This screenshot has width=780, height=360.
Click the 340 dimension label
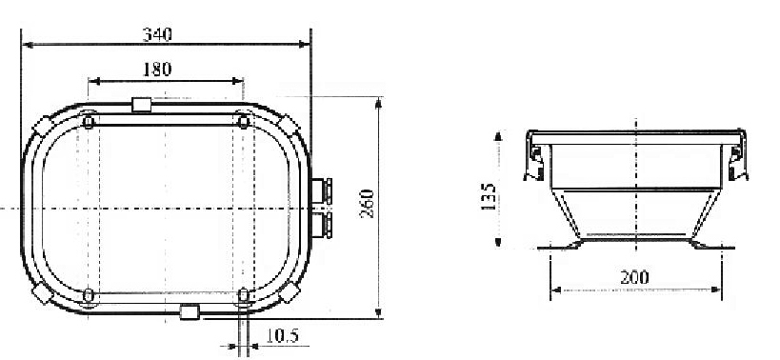(157, 34)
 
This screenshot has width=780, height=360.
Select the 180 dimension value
(157, 70)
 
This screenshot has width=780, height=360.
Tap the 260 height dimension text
(367, 204)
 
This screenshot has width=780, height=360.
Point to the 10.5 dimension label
(282, 335)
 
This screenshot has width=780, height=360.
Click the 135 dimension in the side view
(489, 196)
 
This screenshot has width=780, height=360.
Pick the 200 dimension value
(634, 277)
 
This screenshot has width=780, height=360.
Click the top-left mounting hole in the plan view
(89, 121)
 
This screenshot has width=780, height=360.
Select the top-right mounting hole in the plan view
(243, 121)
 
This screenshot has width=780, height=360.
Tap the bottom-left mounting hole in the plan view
(88, 295)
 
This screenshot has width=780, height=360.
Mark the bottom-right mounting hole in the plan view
(243, 295)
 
